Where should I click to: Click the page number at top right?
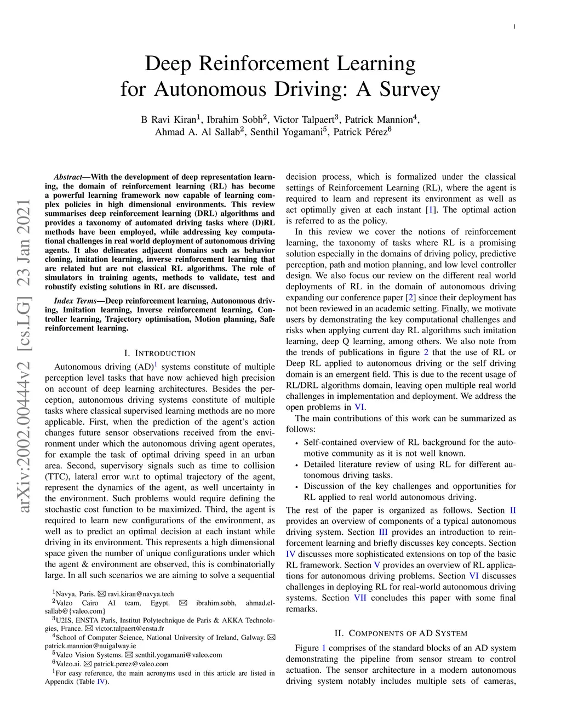[x=514, y=26]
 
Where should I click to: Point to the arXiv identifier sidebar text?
[x=25, y=356]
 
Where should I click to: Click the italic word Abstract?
[x=67, y=177]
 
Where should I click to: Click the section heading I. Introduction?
[x=160, y=353]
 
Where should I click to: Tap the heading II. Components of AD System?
[x=400, y=633]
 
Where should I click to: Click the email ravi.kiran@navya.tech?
[x=141, y=594]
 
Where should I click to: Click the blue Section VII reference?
[x=360, y=598]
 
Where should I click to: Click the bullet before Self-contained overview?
[x=296, y=443]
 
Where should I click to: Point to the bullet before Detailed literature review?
[x=296, y=465]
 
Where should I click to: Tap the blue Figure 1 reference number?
[x=323, y=648]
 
